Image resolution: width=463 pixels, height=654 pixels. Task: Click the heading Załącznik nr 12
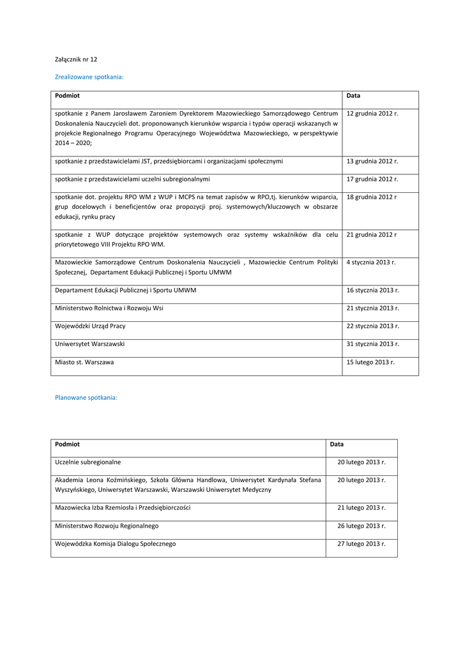(76, 59)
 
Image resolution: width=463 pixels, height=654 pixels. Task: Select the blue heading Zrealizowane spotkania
(89, 77)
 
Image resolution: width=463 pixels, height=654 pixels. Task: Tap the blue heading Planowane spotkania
(86, 397)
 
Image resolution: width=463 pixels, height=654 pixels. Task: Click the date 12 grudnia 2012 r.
(372, 113)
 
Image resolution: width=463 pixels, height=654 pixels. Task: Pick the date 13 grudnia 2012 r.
(372, 161)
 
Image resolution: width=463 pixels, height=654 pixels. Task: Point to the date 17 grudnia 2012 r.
(372, 179)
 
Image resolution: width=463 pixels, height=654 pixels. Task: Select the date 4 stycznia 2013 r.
(371, 262)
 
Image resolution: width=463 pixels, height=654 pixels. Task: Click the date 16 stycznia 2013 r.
(373, 290)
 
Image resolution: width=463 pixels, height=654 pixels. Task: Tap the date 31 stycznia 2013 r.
(373, 344)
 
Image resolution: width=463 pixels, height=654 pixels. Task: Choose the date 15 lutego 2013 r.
(370, 362)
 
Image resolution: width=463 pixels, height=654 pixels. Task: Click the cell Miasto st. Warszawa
(85, 362)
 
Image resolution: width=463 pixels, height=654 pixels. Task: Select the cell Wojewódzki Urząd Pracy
(90, 326)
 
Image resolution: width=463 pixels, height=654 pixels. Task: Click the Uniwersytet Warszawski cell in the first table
(90, 344)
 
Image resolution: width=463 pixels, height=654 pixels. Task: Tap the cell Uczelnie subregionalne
(87, 462)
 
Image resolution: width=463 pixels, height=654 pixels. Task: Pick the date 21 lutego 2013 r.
(361, 508)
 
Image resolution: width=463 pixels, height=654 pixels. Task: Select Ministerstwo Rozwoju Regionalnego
(107, 526)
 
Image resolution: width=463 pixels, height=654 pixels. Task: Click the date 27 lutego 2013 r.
(361, 544)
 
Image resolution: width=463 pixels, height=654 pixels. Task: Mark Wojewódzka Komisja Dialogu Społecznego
(115, 544)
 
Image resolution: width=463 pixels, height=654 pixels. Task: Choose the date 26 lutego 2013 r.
(361, 526)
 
